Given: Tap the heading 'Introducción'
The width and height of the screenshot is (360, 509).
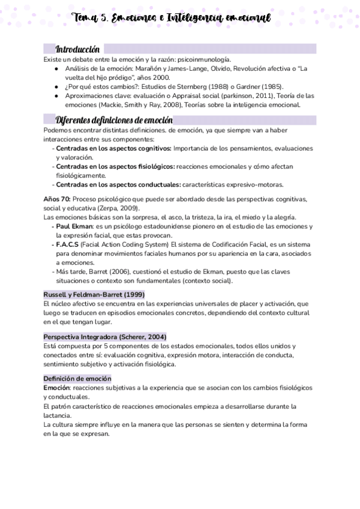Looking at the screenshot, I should coord(77,49).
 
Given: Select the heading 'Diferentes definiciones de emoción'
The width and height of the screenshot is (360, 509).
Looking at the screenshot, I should coord(114,119).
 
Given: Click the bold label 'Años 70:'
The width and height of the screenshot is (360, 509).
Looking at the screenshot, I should coord(57,199).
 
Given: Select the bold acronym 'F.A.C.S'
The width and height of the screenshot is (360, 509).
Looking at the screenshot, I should coord(71,244).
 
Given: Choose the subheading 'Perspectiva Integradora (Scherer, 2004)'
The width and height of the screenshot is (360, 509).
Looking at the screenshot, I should coord(105,337).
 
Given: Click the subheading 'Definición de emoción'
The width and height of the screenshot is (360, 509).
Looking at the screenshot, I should coord(77,379).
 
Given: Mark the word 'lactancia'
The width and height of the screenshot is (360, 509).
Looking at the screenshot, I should coord(58,415).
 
